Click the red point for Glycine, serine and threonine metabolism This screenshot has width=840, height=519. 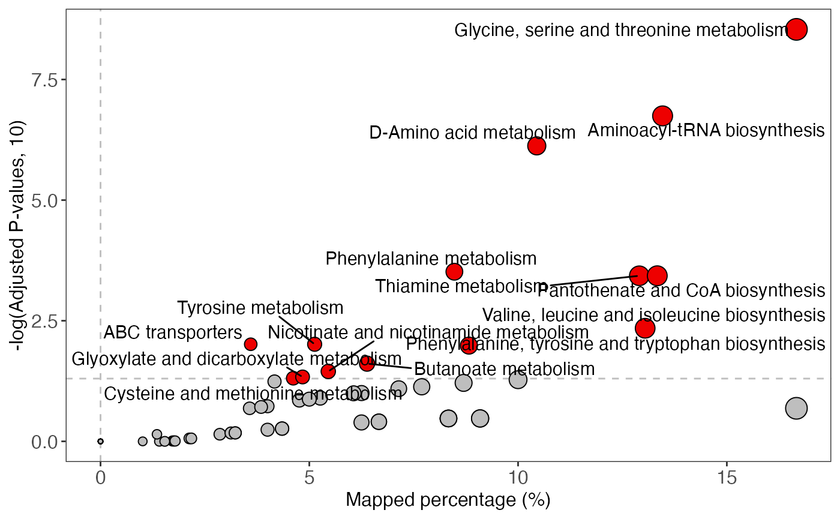(796, 29)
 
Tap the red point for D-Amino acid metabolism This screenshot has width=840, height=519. (536, 146)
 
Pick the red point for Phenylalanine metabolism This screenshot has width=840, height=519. (454, 271)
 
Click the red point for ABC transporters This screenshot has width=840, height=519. (251, 344)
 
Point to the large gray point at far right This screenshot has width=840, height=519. (796, 408)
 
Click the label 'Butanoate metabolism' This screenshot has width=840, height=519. (505, 368)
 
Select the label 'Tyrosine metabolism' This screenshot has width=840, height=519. (260, 308)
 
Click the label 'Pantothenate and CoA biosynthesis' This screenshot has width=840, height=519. (681, 291)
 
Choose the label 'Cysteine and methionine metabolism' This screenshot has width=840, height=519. (253, 394)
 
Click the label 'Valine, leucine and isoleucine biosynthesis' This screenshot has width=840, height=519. (653, 315)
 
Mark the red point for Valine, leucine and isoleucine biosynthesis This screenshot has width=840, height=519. (645, 328)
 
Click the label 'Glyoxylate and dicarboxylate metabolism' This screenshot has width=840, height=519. (236, 359)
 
